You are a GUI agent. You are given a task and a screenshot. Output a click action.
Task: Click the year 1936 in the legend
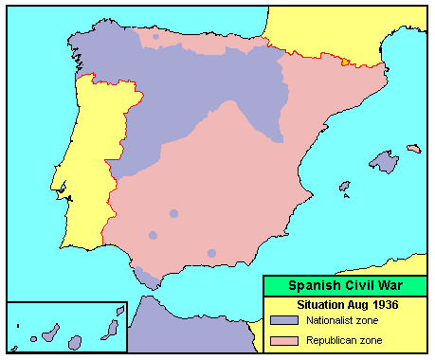pyautogui.click(x=381, y=305)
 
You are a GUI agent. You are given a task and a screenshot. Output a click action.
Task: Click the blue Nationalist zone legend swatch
pyautogui.click(x=281, y=321)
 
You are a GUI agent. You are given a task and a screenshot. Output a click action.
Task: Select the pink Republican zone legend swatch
pyautogui.click(x=281, y=339)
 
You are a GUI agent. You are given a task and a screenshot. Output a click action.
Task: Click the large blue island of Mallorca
pyautogui.click(x=383, y=162)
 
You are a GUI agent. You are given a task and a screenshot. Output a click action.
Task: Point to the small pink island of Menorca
pyautogui.click(x=413, y=148)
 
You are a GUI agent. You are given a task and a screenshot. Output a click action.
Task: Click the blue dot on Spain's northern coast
pyautogui.click(x=155, y=36)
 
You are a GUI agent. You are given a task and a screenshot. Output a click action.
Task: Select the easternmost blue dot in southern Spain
pyautogui.click(x=211, y=253)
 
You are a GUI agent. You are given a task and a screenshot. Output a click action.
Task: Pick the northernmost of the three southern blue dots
pyautogui.click(x=173, y=214)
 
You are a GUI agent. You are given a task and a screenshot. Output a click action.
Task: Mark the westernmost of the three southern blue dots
pyautogui.click(x=153, y=235)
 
